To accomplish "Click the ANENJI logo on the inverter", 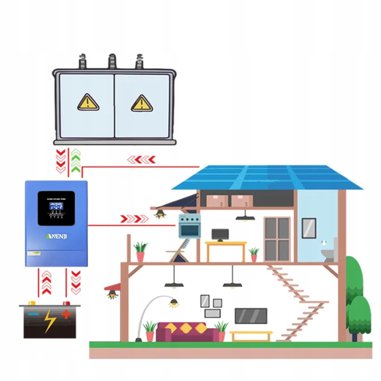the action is [x=56, y=236].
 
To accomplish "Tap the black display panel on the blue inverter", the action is [x=56, y=208].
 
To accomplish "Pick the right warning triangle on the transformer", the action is [x=142, y=103].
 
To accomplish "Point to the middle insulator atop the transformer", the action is [x=112, y=61].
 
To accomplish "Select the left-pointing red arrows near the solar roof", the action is [x=141, y=160].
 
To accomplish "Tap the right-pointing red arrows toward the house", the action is [x=134, y=219].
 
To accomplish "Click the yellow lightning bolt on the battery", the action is [x=50, y=321].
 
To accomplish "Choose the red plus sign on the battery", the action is [x=66, y=314].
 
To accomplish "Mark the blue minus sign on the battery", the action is [x=33, y=314].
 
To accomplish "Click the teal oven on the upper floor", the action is [x=189, y=226].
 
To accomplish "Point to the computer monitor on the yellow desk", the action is [x=220, y=234].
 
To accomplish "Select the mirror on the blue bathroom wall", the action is [x=309, y=228].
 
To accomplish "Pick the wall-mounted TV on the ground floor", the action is [x=251, y=316].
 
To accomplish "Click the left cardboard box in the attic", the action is [x=217, y=201].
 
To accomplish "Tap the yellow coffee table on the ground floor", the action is [x=251, y=335].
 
